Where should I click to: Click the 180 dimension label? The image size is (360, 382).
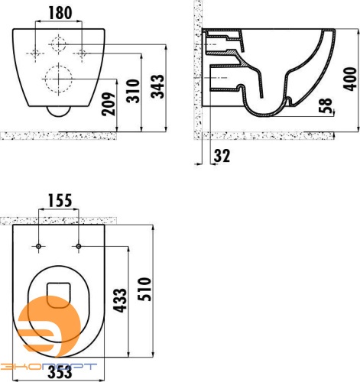tap(60, 13)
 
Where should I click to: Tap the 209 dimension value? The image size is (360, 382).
tap(109, 104)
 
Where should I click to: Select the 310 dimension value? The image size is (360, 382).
tap(133, 91)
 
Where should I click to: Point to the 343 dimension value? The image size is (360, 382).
tap(157, 86)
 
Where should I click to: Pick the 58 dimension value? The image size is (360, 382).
tap(326, 105)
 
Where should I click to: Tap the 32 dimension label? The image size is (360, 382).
tap(222, 156)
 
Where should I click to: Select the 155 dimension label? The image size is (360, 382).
tap(60, 201)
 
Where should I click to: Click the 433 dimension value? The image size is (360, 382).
tap(120, 300)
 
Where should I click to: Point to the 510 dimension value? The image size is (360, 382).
tap(144, 289)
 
